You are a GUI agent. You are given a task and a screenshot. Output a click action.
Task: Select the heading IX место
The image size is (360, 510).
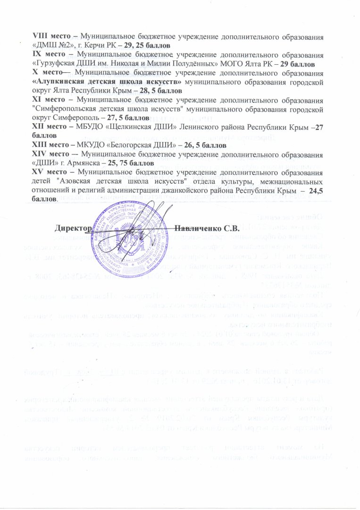[48, 54]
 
